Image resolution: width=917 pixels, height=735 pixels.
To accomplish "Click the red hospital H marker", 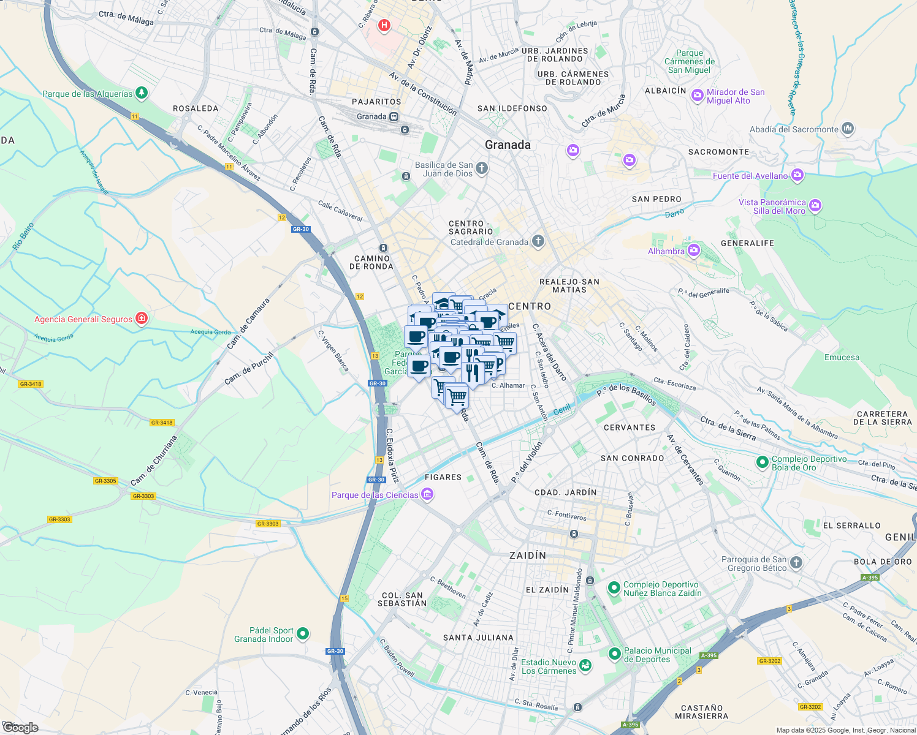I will [384, 26].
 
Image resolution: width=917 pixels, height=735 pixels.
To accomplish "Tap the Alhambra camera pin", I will [693, 250].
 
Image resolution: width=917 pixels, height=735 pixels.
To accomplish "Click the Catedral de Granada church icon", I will [538, 241].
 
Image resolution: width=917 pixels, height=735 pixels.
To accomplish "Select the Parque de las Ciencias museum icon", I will [427, 494].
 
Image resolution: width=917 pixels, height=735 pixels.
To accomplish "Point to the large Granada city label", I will [508, 145].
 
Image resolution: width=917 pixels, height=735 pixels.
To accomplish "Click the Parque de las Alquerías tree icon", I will [142, 93].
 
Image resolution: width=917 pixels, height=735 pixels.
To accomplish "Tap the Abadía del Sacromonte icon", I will [848, 129].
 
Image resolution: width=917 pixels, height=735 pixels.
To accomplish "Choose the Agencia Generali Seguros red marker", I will [142, 318].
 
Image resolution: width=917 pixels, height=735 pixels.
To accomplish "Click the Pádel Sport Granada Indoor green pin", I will [303, 634].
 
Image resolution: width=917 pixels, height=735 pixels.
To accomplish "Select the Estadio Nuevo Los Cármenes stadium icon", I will [585, 665].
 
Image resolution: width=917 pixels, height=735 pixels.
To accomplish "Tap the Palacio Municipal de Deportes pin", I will [614, 654].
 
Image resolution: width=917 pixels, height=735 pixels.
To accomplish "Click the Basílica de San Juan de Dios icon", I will [482, 168].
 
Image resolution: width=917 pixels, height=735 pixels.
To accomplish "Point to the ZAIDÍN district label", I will [528, 556].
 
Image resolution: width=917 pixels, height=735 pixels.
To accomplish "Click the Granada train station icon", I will [394, 116].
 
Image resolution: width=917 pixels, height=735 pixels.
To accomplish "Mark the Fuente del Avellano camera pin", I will [797, 175].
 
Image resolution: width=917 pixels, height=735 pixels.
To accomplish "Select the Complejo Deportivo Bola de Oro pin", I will [762, 462].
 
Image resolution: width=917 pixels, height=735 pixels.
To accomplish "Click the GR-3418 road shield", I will [30, 384].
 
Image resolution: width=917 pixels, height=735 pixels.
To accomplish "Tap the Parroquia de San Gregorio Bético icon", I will [796, 563].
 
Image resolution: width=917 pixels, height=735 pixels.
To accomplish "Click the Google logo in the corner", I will [20, 728].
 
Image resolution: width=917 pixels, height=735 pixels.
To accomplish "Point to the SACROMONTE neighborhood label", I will [718, 152].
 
